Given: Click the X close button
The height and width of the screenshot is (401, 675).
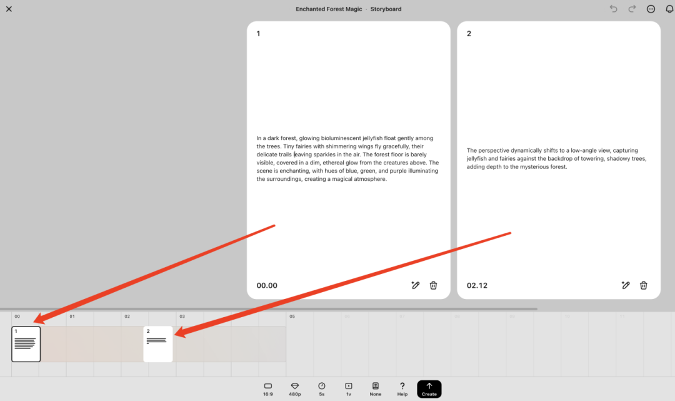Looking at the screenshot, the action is coord(9,9).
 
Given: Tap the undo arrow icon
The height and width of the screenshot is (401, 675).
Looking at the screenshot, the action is coord(614,9).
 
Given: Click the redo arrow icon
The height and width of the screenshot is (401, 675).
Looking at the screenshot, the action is coord(632,9).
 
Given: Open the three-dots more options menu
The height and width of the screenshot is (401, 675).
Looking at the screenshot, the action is coord(651,9).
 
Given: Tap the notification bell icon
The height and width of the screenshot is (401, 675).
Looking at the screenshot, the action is coord(669,9).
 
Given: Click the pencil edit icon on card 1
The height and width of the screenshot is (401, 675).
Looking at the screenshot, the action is coord(416,285).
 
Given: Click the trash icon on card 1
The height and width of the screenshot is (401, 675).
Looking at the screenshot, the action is coord(434,285).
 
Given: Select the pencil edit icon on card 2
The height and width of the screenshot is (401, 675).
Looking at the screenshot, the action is coord(626,285).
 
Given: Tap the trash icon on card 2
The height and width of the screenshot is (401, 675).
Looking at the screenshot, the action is coord(644,285).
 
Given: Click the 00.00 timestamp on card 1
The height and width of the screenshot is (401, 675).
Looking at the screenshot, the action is coord(267,285).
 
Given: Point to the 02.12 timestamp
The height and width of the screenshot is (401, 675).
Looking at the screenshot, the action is coord(477,285).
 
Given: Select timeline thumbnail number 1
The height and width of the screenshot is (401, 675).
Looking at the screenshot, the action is coord(26,344).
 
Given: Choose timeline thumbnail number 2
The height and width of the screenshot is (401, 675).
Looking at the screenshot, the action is coord(158,344).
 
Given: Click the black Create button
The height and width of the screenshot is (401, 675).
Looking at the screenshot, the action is coord(429,389).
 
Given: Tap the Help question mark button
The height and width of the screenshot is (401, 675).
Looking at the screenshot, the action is coord(402,389).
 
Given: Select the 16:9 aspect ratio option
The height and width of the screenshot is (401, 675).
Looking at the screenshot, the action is coord(267,389).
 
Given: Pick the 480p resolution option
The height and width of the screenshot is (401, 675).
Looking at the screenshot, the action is coord(295,389).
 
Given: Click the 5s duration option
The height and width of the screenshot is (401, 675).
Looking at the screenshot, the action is coord(322,389).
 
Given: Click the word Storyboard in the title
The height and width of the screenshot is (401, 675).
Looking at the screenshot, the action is coord(386,9).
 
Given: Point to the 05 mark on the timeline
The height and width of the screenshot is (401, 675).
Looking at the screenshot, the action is coord(292,316).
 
